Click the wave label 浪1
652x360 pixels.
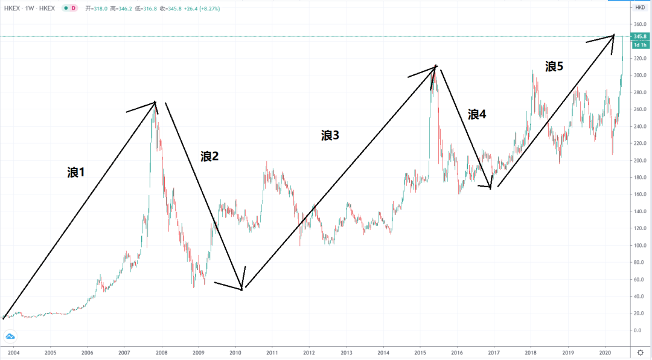point(76,173)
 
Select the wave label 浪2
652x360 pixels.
point(209,156)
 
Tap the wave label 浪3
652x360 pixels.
point(330,136)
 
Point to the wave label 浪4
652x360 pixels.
point(476,114)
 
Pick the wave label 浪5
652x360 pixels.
point(554,66)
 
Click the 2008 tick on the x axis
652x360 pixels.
point(161,352)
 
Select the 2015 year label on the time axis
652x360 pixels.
point(420,352)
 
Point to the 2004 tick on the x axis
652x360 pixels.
point(13,352)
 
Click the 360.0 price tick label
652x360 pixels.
point(639,25)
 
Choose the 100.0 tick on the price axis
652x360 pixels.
point(639,246)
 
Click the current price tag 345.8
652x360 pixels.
point(640,37)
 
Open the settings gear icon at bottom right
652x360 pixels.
point(640,352)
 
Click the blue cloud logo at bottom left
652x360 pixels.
point(10,336)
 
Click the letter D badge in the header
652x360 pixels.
point(73,8)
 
